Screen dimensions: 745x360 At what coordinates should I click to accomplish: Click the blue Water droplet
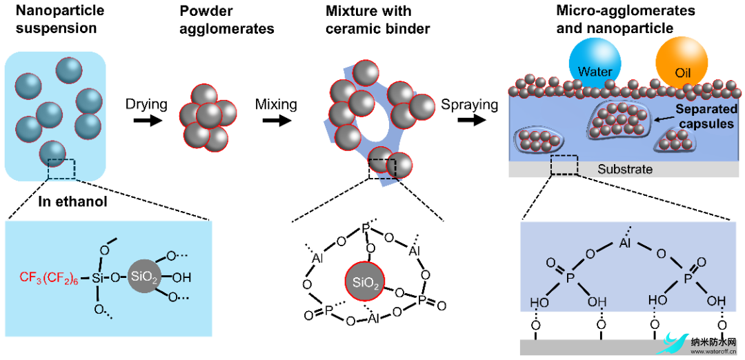(x=595, y=65)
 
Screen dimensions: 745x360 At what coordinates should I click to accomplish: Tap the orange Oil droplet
(x=681, y=65)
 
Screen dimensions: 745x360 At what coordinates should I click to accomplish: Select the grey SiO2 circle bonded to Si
(x=143, y=277)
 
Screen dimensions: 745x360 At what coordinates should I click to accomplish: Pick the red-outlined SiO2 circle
(x=363, y=282)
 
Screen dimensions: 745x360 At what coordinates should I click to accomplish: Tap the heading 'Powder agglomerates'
(x=228, y=19)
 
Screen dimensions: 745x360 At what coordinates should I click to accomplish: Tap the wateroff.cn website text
(x=713, y=352)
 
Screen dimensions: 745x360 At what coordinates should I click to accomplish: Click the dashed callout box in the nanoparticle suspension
(x=61, y=169)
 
